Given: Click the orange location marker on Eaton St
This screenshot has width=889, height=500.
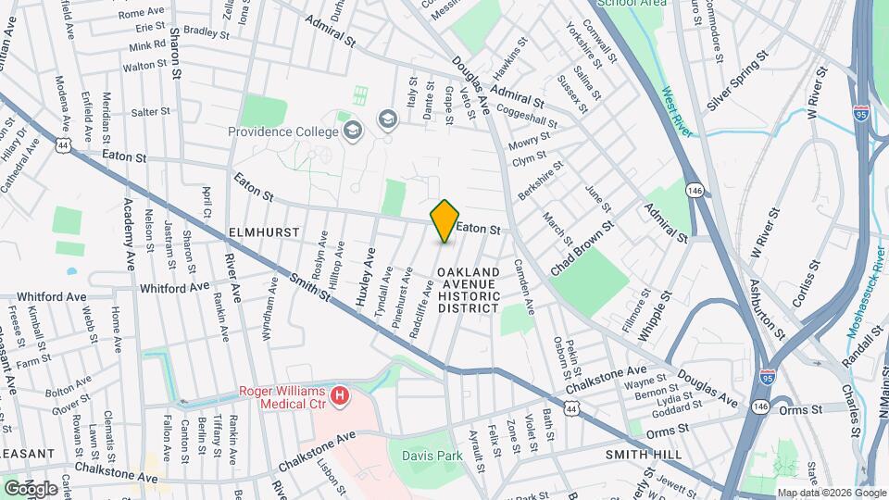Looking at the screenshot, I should coord(444,221).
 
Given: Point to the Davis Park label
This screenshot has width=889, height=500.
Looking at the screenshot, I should coord(432,456).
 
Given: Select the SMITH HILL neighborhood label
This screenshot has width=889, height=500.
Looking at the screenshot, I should coord(644,455).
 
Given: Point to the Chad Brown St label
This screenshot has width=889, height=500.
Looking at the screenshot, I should coord(582,244).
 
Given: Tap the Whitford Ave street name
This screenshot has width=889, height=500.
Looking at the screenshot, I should coord(174,288).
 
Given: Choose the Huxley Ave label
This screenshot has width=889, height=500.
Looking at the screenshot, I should coord(362,275).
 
